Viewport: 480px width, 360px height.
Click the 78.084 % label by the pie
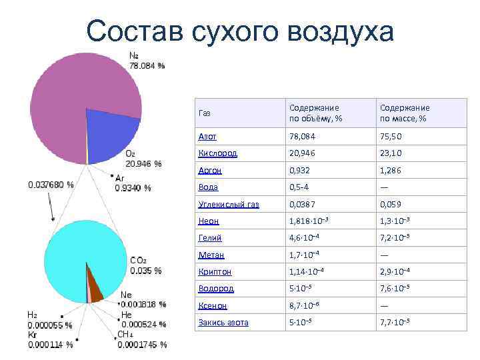[x=147, y=65]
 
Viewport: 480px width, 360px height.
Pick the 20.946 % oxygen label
[x=143, y=163]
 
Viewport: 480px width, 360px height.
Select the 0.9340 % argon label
[x=133, y=188]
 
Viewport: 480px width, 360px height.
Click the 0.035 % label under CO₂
[x=145, y=271]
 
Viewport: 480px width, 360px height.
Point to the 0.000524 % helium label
[x=143, y=324]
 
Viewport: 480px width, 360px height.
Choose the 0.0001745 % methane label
[x=142, y=345]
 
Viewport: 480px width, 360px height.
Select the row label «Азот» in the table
[x=207, y=136]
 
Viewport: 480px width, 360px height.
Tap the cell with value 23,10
[x=391, y=153]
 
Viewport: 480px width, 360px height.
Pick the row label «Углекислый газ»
[x=229, y=204]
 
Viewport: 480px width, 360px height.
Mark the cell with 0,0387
[x=303, y=204]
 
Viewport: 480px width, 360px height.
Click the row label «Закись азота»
[x=223, y=322]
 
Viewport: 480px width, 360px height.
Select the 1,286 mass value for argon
[x=392, y=171]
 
